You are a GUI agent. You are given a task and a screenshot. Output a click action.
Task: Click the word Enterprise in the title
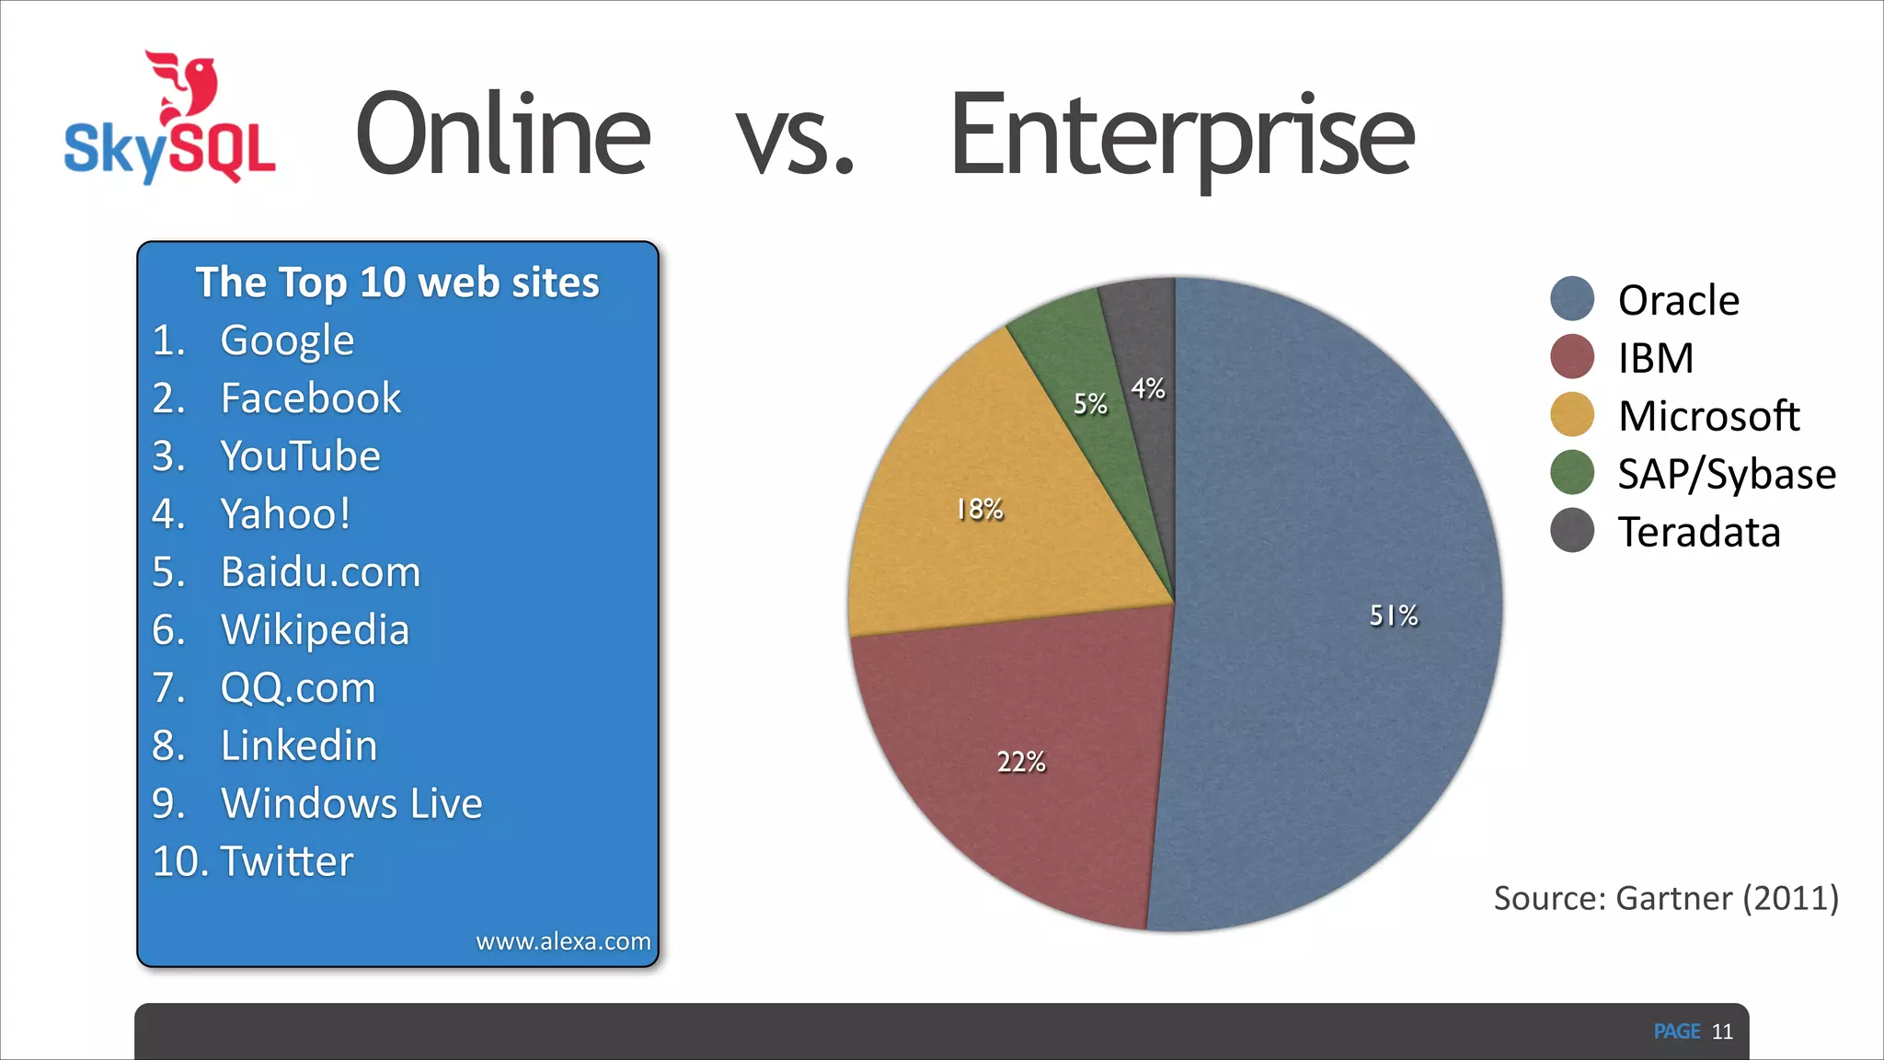pyautogui.click(x=1181, y=136)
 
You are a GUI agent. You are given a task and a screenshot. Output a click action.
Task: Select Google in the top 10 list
pyautogui.click(x=287, y=340)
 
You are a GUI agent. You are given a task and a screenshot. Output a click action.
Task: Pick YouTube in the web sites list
pyautogui.click(x=300, y=456)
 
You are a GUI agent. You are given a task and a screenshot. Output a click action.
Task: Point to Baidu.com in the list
pyautogui.click(x=320, y=572)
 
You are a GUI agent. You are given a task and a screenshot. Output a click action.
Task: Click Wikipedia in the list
pyautogui.click(x=315, y=630)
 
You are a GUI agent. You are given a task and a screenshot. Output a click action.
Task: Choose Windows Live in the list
pyautogui.click(x=351, y=803)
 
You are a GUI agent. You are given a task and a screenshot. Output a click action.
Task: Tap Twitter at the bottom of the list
pyautogui.click(x=287, y=861)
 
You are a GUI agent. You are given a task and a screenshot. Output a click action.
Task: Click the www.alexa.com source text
pyautogui.click(x=563, y=941)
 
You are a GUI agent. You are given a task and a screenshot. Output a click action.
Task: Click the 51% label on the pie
pyautogui.click(x=1394, y=616)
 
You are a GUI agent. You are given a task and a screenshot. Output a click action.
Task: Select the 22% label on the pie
pyautogui.click(x=1021, y=762)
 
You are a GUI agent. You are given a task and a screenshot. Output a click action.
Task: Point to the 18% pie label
pyautogui.click(x=980, y=509)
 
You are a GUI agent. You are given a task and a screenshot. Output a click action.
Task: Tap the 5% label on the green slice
pyautogui.click(x=1090, y=403)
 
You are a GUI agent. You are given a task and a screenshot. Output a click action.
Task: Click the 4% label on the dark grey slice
pyautogui.click(x=1148, y=388)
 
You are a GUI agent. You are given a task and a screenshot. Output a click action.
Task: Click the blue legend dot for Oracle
pyautogui.click(x=1572, y=299)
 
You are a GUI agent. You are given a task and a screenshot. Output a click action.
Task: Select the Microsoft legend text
pyautogui.click(x=1708, y=416)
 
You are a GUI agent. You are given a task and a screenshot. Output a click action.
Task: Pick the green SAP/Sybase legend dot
pyautogui.click(x=1572, y=473)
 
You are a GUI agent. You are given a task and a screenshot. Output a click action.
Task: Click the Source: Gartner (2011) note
pyautogui.click(x=1666, y=898)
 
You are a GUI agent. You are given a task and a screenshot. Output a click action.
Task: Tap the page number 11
pyautogui.click(x=1722, y=1031)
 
